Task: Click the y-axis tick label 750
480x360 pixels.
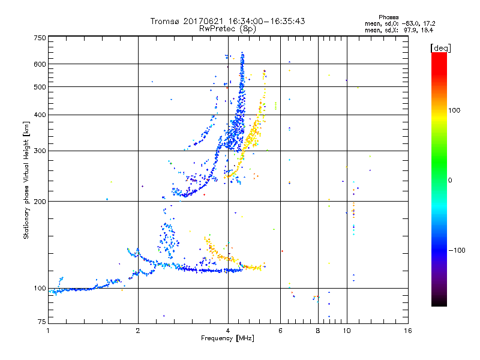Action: (x=40, y=37)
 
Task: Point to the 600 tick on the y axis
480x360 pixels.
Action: (x=40, y=64)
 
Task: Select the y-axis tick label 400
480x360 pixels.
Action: (x=40, y=115)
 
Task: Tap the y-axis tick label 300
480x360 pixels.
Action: (x=40, y=151)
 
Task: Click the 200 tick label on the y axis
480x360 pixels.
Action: (x=40, y=201)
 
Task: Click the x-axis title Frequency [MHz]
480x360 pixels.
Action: (x=228, y=339)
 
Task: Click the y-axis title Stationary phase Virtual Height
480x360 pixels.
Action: (x=26, y=180)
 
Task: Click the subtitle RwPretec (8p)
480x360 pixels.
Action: (x=228, y=28)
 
